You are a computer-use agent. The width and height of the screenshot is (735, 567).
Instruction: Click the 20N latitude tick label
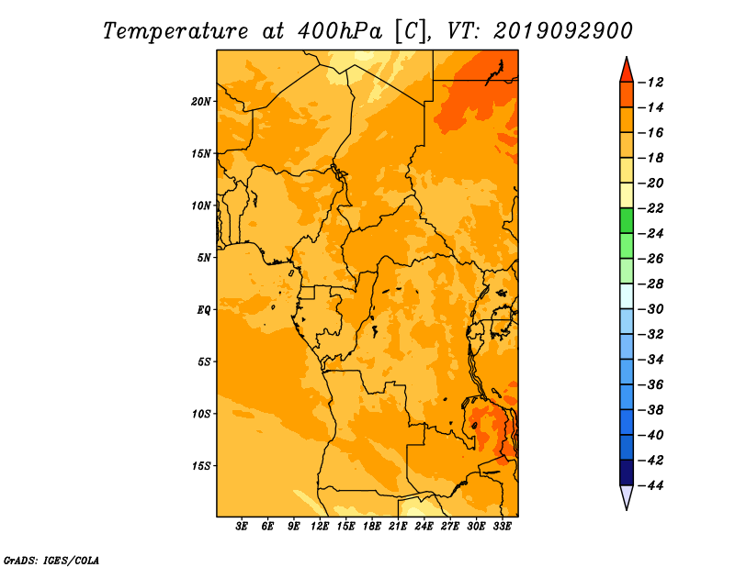point(201,102)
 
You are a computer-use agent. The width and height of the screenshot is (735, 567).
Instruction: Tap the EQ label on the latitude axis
point(204,310)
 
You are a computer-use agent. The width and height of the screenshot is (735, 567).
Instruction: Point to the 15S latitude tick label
point(201,466)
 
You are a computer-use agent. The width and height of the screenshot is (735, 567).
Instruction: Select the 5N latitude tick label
point(204,258)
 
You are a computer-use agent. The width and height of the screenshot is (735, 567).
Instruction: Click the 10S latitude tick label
point(201,414)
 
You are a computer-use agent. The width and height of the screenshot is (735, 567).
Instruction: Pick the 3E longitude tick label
point(242,527)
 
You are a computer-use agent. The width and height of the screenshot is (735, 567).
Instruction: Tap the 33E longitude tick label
point(502,527)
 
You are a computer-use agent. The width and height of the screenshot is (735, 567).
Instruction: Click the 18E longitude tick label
point(372,527)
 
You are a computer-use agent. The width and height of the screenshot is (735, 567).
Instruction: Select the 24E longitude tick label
point(424,527)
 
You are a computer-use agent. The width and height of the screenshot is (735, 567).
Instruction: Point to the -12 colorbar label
point(651,83)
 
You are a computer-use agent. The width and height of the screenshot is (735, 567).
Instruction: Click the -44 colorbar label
point(651,485)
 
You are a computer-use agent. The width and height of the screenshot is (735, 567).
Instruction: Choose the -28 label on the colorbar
point(651,284)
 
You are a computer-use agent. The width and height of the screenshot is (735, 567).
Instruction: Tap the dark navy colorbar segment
point(627,472)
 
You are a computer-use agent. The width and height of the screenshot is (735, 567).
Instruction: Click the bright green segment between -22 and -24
point(627,221)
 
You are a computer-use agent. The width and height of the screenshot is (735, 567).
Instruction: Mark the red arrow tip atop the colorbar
point(627,58)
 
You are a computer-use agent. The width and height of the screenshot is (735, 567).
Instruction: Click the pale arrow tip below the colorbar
point(627,509)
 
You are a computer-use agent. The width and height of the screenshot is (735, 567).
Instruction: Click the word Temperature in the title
point(175,31)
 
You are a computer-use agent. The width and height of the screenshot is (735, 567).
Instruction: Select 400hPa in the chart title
point(340,31)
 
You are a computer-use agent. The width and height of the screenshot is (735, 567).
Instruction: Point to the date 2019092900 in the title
point(563,31)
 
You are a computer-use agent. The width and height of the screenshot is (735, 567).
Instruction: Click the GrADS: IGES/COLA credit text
point(51,561)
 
